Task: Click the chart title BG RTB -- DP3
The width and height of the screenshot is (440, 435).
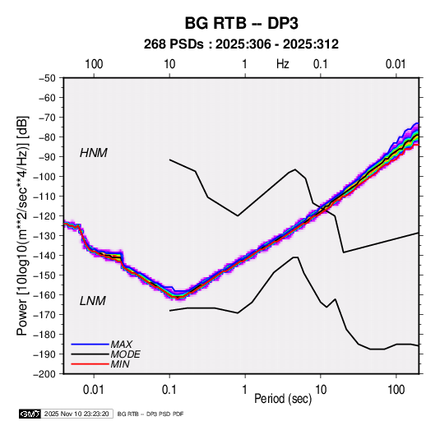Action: pyautogui.click(x=241, y=23)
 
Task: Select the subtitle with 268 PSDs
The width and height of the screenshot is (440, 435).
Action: pyautogui.click(x=241, y=44)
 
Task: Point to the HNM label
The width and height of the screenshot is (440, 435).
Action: pyautogui.click(x=94, y=153)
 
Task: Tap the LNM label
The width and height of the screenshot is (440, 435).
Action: pyautogui.click(x=93, y=301)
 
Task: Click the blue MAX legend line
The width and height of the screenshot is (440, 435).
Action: pyautogui.click(x=90, y=345)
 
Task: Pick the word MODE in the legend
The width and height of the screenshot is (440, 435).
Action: pyautogui.click(x=126, y=354)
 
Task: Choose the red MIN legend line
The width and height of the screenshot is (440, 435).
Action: pyautogui.click(x=90, y=364)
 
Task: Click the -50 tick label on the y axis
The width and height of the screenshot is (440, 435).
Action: pyautogui.click(x=48, y=78)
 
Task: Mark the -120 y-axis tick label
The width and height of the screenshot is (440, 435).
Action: pyautogui.click(x=45, y=216)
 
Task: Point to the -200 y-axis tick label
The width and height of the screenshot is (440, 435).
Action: pyautogui.click(x=45, y=374)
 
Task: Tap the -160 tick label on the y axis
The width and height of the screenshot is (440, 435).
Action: pyautogui.click(x=45, y=295)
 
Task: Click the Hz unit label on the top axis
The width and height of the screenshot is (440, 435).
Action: pyautogui.click(x=283, y=64)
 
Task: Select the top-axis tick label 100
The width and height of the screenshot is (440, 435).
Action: pyautogui.click(x=94, y=64)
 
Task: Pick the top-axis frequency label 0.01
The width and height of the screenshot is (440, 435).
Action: pyautogui.click(x=396, y=64)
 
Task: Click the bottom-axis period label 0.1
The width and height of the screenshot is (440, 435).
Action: pyautogui.click(x=169, y=390)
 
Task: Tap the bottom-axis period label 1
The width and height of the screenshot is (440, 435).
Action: pyautogui.click(x=245, y=390)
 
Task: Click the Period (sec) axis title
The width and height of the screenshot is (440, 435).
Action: pyautogui.click(x=283, y=399)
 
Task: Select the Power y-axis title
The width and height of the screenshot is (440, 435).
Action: pyautogui.click(x=22, y=226)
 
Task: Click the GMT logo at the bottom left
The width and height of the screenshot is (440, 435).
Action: pyautogui.click(x=30, y=414)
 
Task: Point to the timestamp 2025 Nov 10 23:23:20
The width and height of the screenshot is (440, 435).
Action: pyautogui.click(x=76, y=414)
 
